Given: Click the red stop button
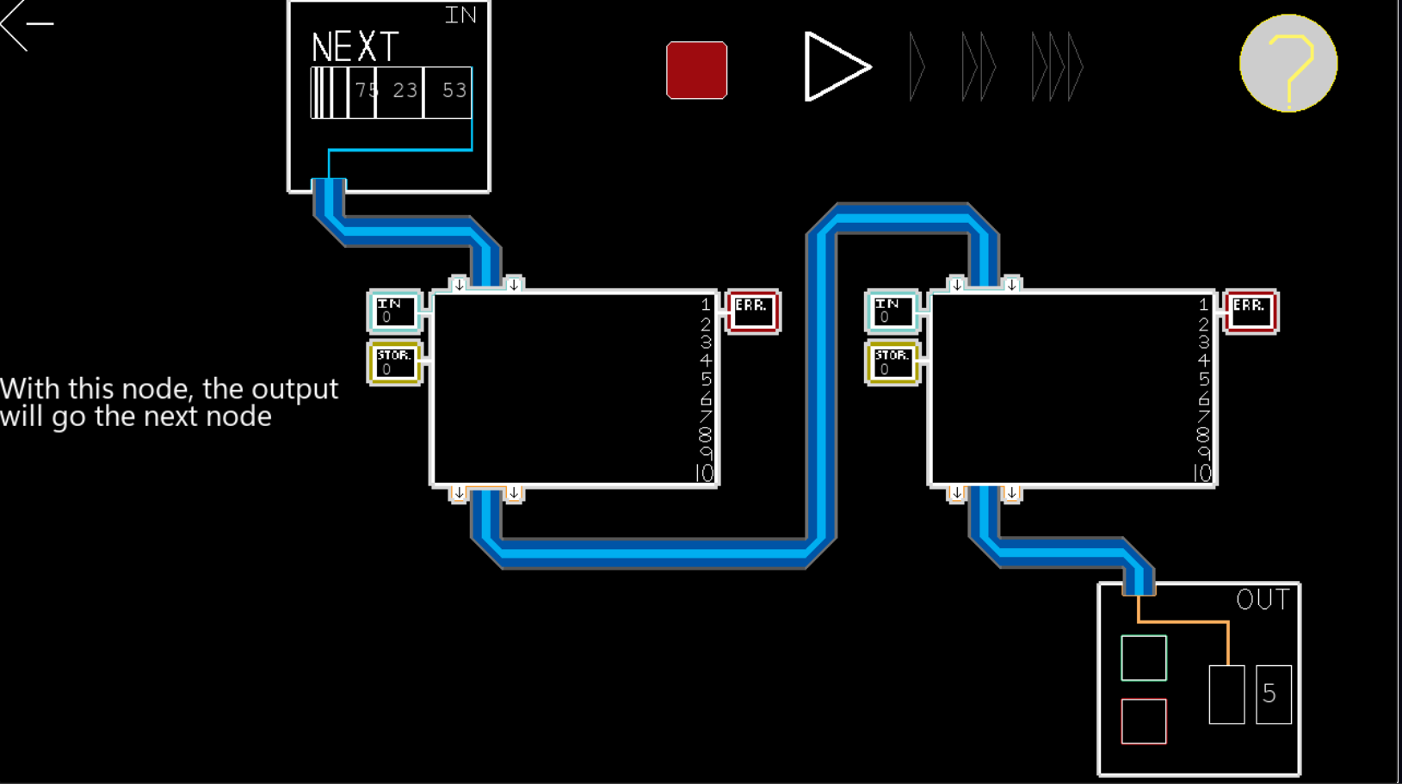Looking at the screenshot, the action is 696,70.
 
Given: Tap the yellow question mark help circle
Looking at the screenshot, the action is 1288,63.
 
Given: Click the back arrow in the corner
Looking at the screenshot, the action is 27,24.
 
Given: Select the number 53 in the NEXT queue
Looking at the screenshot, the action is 454,90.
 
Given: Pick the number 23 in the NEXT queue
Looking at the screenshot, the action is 405,90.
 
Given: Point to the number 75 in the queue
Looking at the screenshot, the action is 366,90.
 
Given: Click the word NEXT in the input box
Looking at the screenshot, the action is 355,47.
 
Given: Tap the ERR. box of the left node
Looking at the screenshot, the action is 752,312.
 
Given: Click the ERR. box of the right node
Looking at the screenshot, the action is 1251,312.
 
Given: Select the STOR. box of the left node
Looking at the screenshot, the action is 394,363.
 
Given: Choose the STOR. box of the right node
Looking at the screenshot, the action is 892,363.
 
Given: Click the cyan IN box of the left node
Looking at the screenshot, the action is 394,311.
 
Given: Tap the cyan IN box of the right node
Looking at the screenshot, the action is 892,311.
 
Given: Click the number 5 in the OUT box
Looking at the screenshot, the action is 1270,694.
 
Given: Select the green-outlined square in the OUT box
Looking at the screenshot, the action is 1144,657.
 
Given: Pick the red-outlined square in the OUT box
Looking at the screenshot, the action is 1144,721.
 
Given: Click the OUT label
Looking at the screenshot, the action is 1263,600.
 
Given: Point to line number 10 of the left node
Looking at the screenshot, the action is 705,473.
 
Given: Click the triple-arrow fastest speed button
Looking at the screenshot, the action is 1057,66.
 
